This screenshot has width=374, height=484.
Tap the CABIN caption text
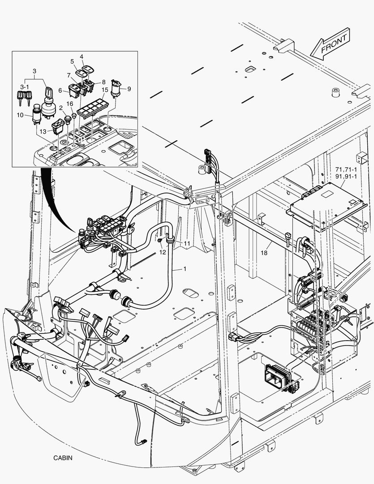tap(63, 458)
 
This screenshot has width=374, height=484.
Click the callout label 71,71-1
tap(345, 170)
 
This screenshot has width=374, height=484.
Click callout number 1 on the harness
tap(184, 269)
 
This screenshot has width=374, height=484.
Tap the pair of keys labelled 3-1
tap(24, 95)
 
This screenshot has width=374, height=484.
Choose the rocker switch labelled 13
tap(58, 127)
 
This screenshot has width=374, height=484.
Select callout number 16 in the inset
tap(70, 104)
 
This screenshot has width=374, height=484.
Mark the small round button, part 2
tap(69, 119)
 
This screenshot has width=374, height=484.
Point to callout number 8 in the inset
tap(103, 82)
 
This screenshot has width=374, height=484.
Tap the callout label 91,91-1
tap(345, 177)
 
